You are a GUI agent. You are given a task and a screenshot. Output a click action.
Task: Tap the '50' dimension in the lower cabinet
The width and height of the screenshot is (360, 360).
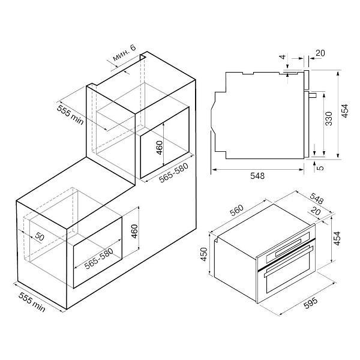(40, 236)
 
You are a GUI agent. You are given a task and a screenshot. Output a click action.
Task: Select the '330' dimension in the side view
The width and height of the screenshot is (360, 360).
(329, 118)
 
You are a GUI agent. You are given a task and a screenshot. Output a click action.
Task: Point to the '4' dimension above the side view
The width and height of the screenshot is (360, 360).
(283, 56)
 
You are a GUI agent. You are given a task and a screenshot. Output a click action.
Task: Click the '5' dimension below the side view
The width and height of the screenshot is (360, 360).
(320, 167)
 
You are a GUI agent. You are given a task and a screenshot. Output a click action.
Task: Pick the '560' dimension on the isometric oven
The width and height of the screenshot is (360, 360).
(237, 211)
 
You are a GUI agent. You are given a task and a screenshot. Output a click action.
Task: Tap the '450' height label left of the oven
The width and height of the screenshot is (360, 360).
(204, 254)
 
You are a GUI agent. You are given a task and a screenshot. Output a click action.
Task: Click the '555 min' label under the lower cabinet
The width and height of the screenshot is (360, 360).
(32, 302)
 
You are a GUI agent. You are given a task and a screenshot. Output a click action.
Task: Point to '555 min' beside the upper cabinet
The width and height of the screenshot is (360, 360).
(70, 115)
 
